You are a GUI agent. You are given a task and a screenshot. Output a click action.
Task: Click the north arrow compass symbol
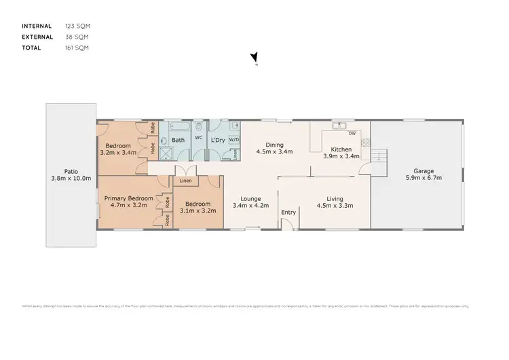[254, 58]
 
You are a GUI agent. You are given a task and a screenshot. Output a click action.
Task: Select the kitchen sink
[339, 126]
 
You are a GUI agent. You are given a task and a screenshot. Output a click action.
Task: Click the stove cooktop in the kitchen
[364, 143]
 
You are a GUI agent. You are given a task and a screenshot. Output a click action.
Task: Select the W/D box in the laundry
[233, 140]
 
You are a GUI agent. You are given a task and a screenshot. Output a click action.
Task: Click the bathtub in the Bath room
[180, 127]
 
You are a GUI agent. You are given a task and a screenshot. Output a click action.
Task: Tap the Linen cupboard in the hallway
[185, 181]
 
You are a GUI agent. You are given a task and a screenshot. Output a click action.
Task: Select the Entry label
[289, 213]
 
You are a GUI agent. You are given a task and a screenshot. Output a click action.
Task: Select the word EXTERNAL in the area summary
[37, 37]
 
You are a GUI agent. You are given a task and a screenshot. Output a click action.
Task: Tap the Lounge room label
[251, 198]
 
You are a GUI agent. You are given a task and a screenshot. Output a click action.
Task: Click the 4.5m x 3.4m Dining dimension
[275, 151]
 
